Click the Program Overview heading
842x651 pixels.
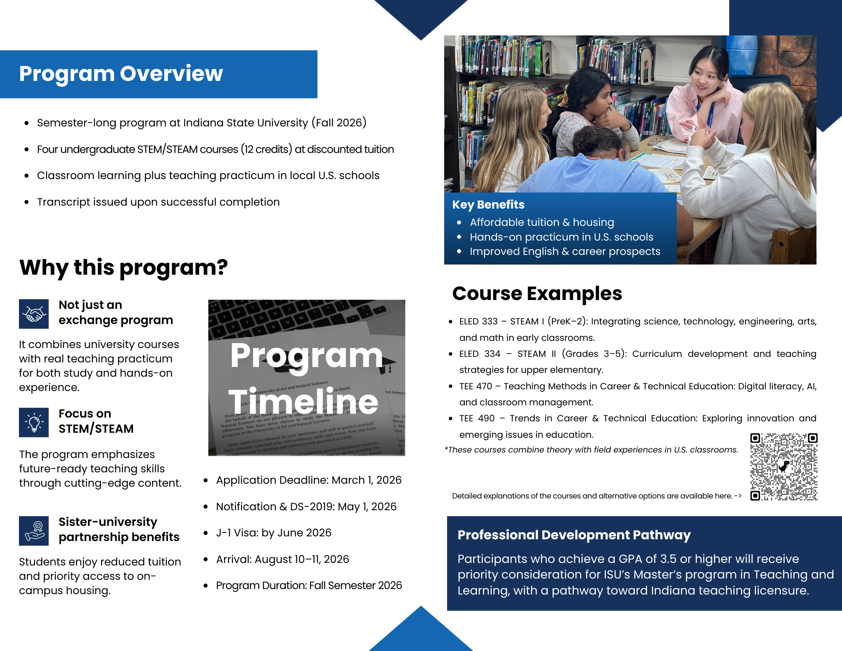pos(121,74)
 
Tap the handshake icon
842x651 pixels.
pos(34,314)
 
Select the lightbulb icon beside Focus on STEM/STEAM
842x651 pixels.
pos(34,422)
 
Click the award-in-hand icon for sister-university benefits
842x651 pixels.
pos(34,531)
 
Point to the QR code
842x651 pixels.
pos(783,466)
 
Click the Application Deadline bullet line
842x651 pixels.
pos(309,480)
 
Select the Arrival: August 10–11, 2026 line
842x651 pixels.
pos(282,559)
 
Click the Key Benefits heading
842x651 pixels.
pos(488,205)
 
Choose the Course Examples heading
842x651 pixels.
pos(537,294)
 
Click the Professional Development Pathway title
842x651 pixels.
pos(574,535)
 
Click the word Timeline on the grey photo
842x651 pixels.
pos(303,402)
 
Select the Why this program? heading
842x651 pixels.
pos(123,268)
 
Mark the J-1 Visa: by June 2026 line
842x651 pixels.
pos(274,533)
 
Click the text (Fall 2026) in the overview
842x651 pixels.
pos(339,123)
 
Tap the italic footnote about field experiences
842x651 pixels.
pos(591,450)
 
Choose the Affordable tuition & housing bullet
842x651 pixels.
pos(542,222)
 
